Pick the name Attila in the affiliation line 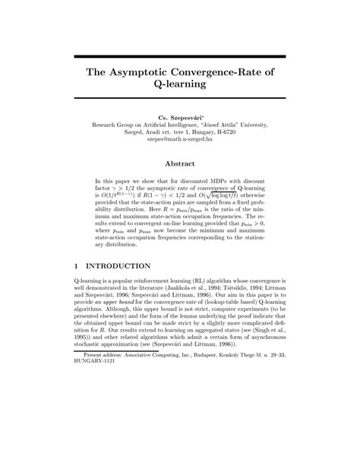click(236, 122)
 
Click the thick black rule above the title click(179, 56)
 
